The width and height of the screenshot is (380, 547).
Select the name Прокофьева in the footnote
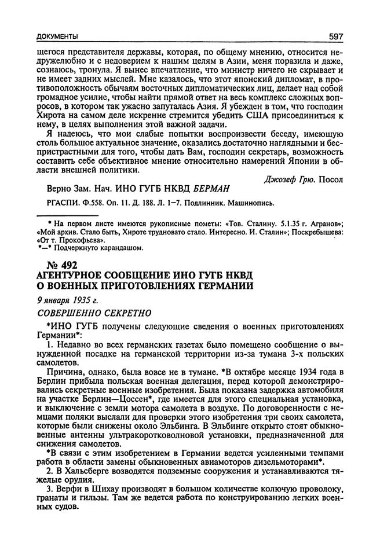[72, 240]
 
